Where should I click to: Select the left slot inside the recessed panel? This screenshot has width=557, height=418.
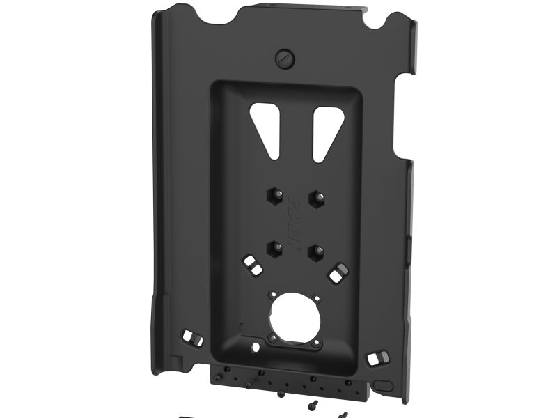[251, 265]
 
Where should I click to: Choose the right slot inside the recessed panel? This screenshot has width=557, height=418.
[339, 272]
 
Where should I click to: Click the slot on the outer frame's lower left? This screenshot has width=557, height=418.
[189, 339]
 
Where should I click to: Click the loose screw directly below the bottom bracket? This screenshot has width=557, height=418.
[281, 394]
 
